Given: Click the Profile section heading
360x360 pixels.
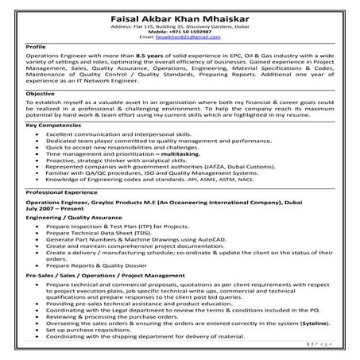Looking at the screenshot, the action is coord(36,48).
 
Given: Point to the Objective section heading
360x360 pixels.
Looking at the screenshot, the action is coord(41,94).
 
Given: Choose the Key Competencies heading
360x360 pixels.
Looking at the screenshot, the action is coord(54,127).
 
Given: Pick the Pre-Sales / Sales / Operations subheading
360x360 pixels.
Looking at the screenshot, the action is coord(99,274).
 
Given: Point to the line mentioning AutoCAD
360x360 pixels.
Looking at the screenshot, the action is coord(135,239).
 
